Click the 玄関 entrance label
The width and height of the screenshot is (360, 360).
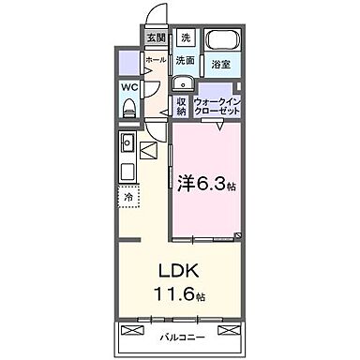tap(157, 37)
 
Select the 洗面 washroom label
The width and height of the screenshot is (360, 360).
tap(185, 60)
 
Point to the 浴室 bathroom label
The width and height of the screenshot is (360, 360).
tap(221, 65)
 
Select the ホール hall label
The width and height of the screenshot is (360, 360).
tap(156, 59)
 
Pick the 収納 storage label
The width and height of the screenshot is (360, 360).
tap(181, 106)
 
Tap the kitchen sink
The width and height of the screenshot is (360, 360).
tap(127, 145)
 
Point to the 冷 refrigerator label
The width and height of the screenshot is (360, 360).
tap(127, 198)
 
